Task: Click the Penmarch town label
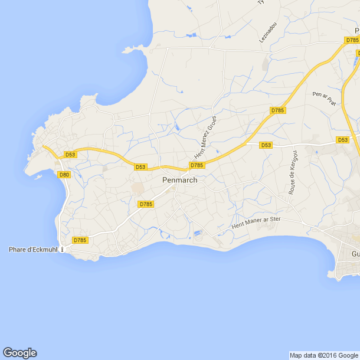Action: coord(179,180)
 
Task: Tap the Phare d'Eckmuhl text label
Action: coord(33,250)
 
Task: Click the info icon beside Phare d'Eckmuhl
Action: coord(63,249)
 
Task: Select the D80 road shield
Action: coord(64,175)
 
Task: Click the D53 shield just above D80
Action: coord(70,155)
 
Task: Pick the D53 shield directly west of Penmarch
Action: coord(140,167)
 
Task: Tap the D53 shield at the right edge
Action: coord(342,140)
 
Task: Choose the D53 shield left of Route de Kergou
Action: coord(266,145)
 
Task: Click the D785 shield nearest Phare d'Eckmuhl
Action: coord(80,240)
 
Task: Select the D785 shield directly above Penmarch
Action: coord(197,165)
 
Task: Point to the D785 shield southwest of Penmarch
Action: coord(145,204)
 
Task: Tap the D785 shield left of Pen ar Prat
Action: coord(277,110)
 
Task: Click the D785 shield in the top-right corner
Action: coord(352,40)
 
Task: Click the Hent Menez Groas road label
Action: coord(206,136)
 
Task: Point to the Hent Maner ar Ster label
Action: coord(256,222)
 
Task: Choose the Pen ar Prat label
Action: coord(325,98)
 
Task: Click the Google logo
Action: coord(19,353)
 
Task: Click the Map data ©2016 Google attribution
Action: coord(323,355)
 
